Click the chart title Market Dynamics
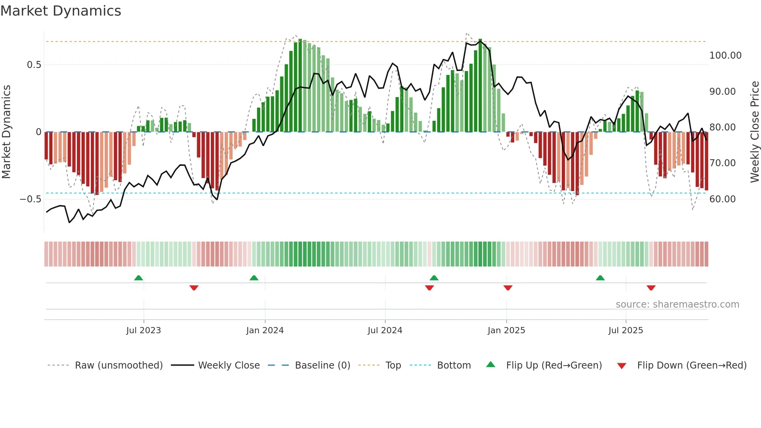pyautogui.click(x=61, y=11)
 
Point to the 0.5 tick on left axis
pyautogui.click(x=34, y=65)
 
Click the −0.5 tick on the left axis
pyautogui.click(x=31, y=199)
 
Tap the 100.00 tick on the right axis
pyautogui.click(x=725, y=56)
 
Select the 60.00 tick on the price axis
pyautogui.click(x=722, y=199)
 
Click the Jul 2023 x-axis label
pyautogui.click(x=143, y=331)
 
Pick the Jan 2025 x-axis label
pyautogui.click(x=506, y=331)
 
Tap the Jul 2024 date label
pyautogui.click(x=384, y=331)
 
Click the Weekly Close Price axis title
pyautogui.click(x=754, y=132)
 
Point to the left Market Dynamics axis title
pyautogui.click(x=6, y=132)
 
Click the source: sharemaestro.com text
pyautogui.click(x=677, y=304)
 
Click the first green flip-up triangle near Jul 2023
pyautogui.click(x=139, y=278)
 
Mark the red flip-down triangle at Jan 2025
pyautogui.click(x=508, y=288)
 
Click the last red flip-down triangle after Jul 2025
pyautogui.click(x=651, y=288)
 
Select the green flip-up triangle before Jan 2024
pyautogui.click(x=254, y=278)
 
